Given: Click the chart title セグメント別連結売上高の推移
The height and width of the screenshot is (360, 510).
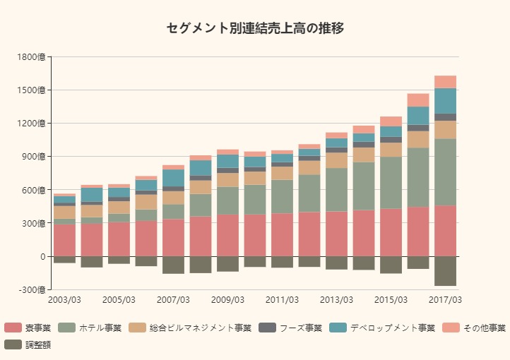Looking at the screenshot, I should coord(255,28).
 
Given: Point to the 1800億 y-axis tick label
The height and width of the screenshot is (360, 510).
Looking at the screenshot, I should coord(32,57).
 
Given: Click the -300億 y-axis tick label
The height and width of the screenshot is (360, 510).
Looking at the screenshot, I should coord(32,290).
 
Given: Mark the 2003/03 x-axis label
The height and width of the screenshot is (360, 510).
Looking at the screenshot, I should coord(64,300).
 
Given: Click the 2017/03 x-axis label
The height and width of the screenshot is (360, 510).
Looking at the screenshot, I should coord(445,300).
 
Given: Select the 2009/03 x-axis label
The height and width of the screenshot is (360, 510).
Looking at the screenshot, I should coord(227,300).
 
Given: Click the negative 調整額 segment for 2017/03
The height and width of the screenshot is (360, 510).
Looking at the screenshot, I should coord(445,271).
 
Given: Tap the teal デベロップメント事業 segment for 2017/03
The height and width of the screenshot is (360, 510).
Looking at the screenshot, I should coord(445,101).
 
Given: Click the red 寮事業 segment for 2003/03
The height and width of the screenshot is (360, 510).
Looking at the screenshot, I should coord(64,240).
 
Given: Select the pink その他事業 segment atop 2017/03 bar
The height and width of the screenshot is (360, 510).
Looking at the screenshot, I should coord(445,82).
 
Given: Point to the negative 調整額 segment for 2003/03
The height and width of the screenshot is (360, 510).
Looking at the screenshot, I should coord(64,260).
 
